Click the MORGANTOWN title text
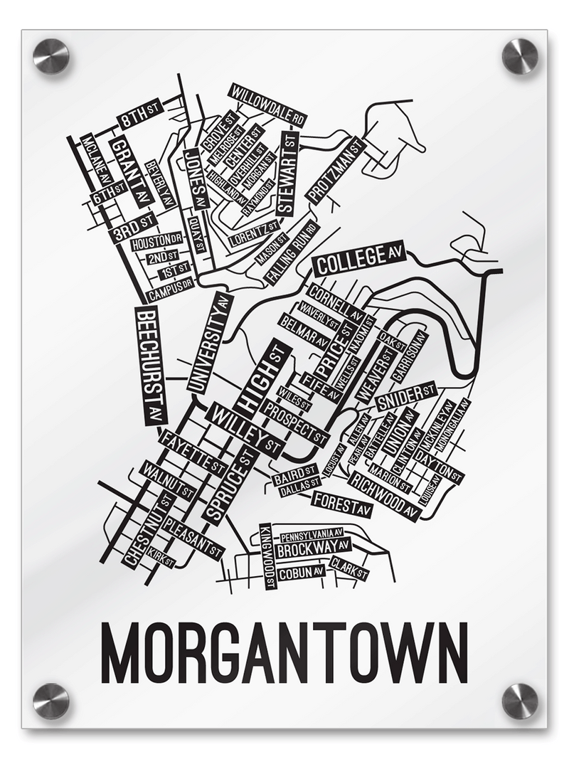point(284,653)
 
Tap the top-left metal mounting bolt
point(51,56)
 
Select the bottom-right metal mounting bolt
point(520,701)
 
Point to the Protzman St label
point(336,169)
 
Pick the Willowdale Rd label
point(267,105)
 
